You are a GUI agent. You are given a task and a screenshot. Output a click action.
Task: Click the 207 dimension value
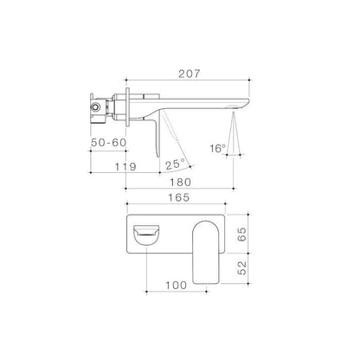pyautogui.click(x=189, y=74)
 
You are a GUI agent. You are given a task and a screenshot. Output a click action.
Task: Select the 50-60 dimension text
pyautogui.click(x=109, y=143)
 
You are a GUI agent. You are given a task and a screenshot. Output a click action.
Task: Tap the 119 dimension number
pyautogui.click(x=125, y=167)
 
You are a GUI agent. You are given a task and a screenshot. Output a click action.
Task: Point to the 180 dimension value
pyautogui.click(x=180, y=183)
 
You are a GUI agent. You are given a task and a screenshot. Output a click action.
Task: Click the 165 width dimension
pyautogui.click(x=179, y=197)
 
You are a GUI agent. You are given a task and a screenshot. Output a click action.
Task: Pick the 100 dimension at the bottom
pyautogui.click(x=176, y=286)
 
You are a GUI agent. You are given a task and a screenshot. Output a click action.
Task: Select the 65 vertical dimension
pyautogui.click(x=242, y=235)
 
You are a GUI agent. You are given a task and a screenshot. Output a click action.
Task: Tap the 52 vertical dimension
pyautogui.click(x=242, y=267)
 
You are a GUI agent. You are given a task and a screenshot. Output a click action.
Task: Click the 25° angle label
pyautogui.click(x=175, y=164)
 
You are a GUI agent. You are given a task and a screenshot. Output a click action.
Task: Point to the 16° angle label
pyautogui.click(x=218, y=149)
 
